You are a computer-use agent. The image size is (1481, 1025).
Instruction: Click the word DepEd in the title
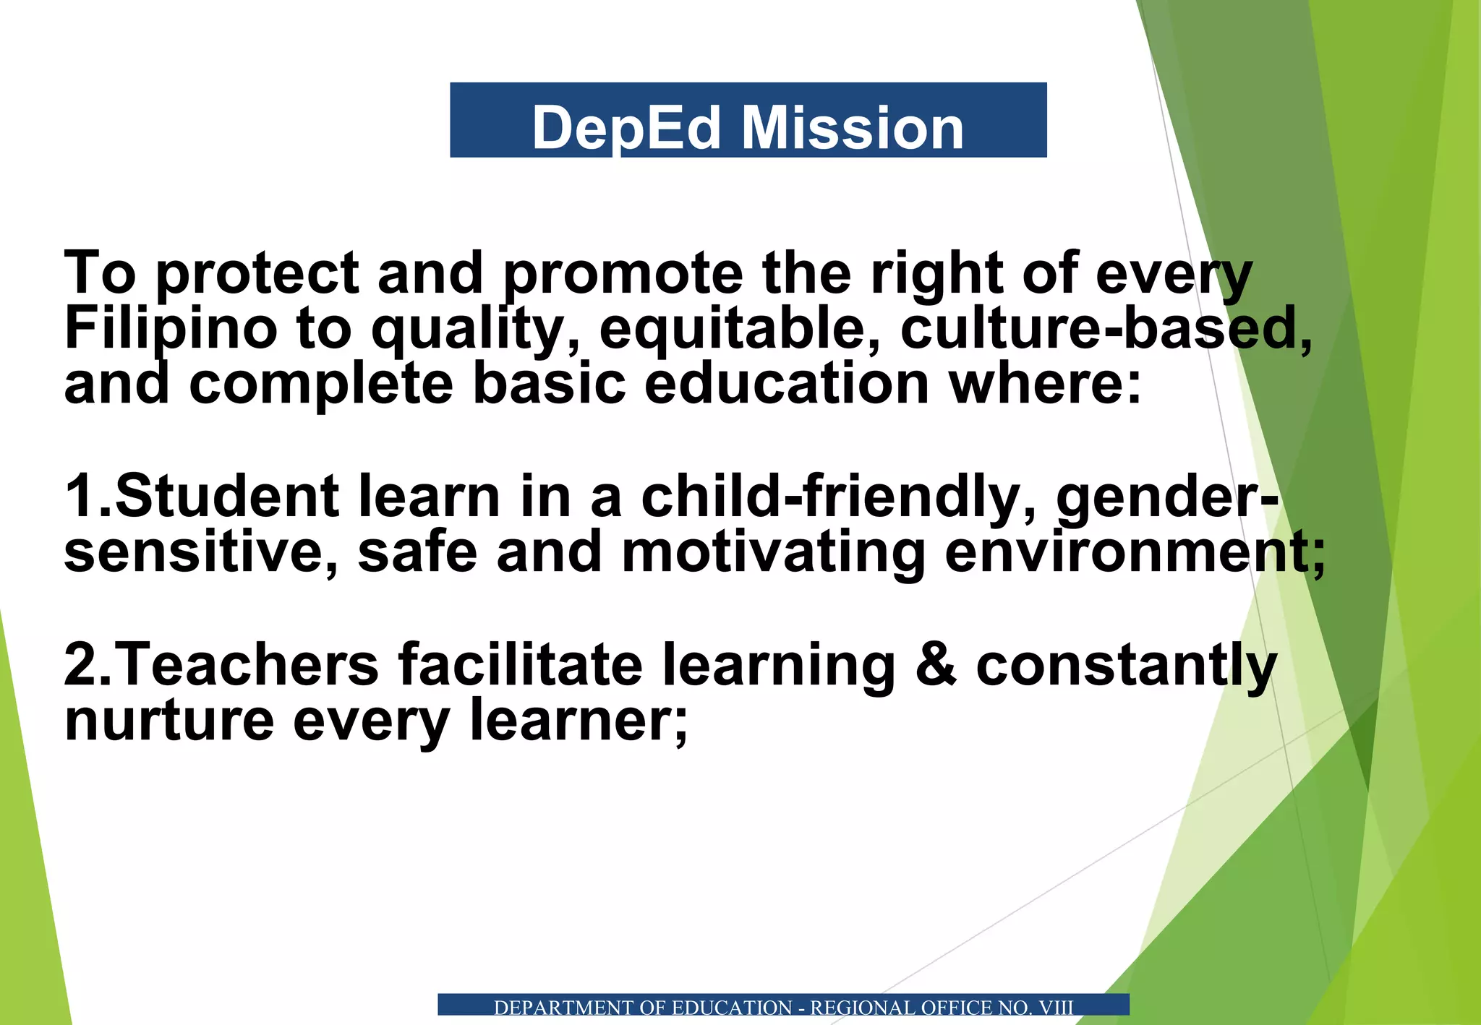point(626,129)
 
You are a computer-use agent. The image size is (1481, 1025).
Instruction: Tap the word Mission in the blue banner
point(853,129)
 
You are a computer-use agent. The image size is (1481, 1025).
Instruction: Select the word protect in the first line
point(257,275)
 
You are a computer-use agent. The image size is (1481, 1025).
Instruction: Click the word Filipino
point(171,330)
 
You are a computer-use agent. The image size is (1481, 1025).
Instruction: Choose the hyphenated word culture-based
point(1105,330)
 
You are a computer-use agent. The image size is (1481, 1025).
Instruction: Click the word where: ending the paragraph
point(1045,385)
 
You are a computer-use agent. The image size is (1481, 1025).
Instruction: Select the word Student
point(226,497)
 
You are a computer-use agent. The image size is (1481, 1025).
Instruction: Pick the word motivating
point(773,552)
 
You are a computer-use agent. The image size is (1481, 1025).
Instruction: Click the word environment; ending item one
point(1135,552)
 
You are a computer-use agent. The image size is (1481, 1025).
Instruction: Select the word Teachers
point(247,665)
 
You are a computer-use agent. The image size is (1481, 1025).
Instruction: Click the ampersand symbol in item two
point(936,665)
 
